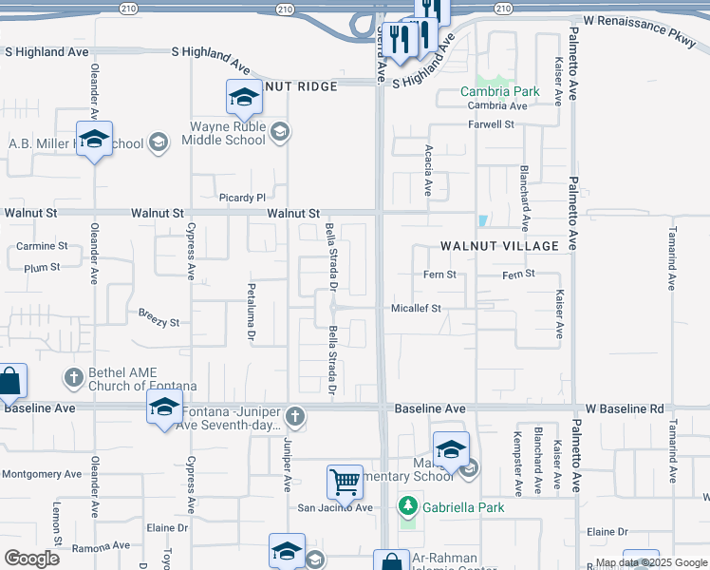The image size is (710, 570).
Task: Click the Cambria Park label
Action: pos(499,92)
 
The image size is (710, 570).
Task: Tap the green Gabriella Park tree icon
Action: pos(407,506)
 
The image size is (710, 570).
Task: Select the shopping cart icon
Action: pos(345,482)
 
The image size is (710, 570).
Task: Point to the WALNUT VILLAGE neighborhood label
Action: pos(499,246)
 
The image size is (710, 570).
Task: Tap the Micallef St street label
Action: pos(417,308)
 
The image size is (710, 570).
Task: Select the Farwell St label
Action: pos(491,124)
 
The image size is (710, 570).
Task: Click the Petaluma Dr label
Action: pos(252,318)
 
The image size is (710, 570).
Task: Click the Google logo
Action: pos(31,559)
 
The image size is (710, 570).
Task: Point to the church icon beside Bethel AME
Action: pos(73,377)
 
